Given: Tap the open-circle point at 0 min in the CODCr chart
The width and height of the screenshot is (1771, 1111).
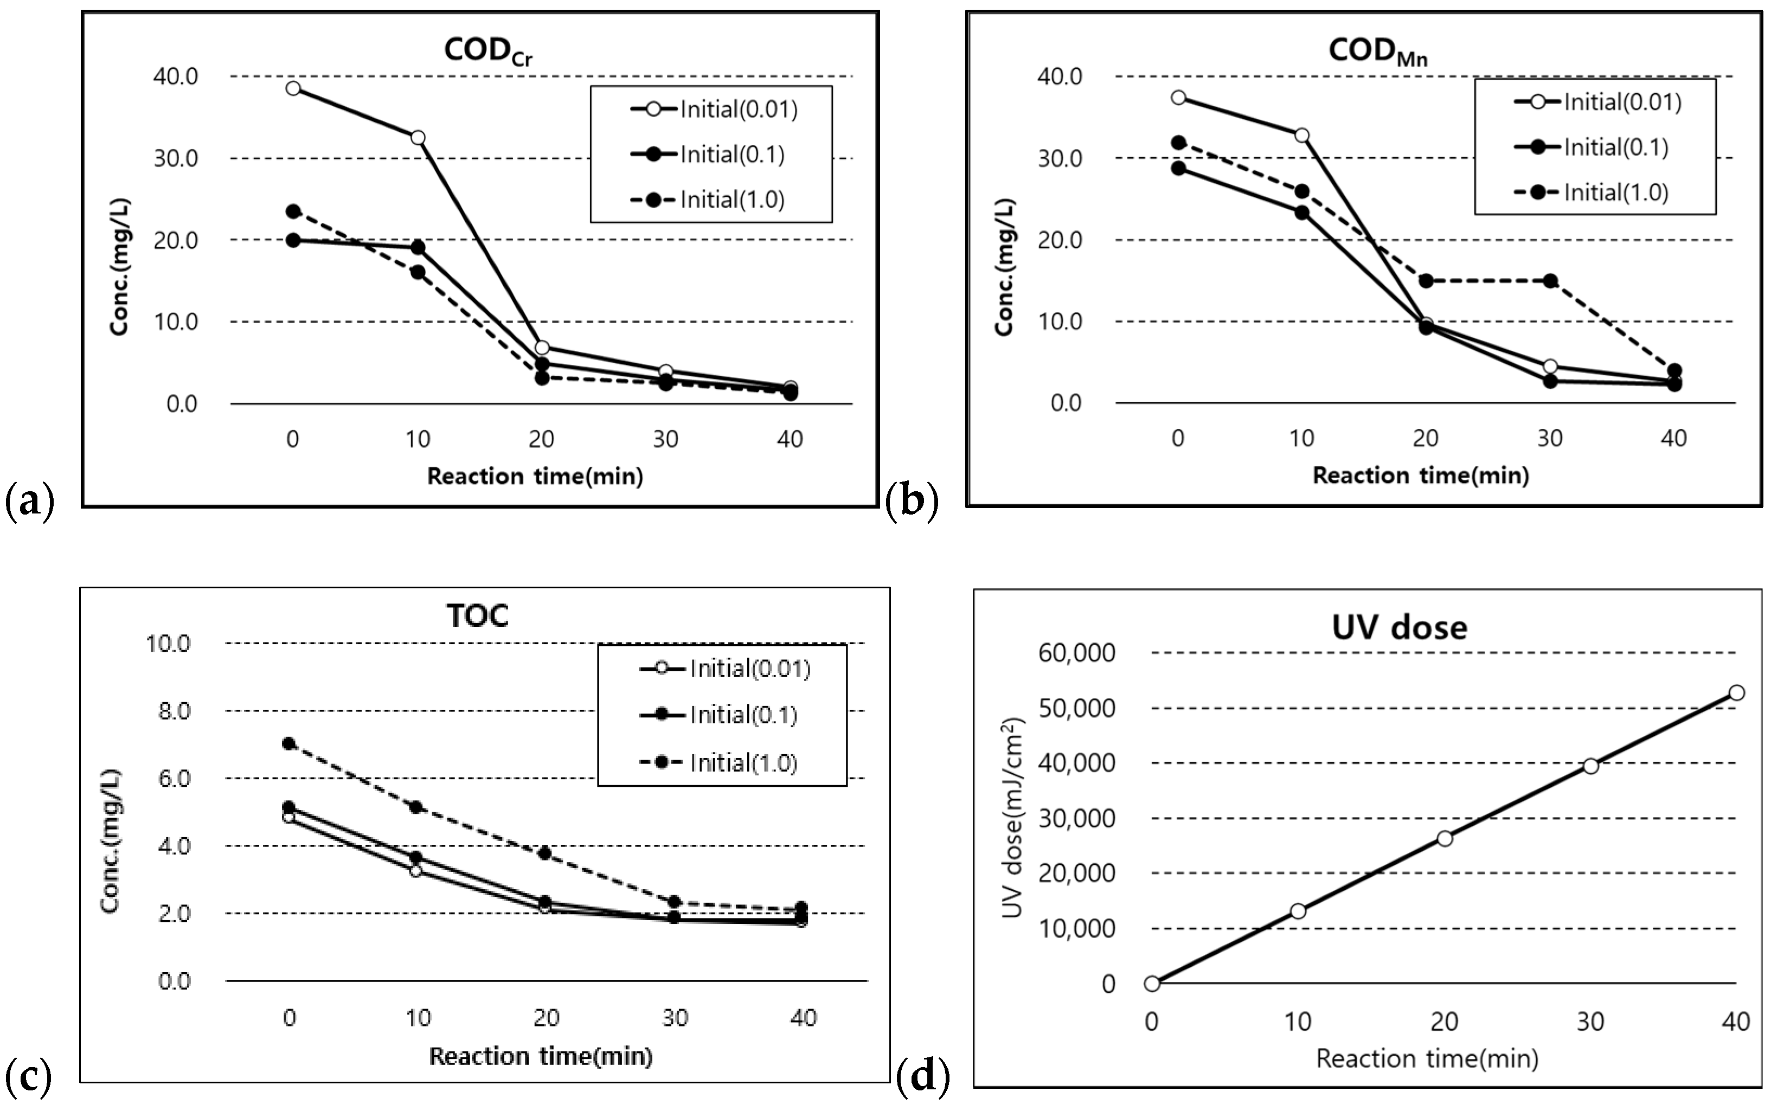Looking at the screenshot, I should tap(293, 88).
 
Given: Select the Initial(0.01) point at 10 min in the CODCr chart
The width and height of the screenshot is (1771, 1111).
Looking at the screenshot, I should tap(418, 137).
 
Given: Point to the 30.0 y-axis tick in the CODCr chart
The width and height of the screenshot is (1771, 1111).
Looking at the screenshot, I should tap(176, 158).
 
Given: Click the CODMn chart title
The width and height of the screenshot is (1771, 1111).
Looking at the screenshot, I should tap(1377, 52).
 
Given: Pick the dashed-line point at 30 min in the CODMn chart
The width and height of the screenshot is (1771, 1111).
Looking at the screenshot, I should tap(1550, 281).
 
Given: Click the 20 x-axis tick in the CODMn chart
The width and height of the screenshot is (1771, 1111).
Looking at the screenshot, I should tap(1426, 439).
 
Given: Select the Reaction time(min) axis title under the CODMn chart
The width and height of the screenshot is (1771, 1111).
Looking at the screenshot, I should tap(1421, 476).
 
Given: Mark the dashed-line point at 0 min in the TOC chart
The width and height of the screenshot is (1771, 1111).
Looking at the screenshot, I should tap(289, 743).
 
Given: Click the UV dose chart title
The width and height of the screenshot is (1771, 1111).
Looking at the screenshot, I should tap(1399, 627).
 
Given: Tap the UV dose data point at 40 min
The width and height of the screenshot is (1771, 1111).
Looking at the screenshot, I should tap(1736, 693).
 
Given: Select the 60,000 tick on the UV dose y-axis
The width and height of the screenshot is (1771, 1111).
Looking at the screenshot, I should tap(1076, 652).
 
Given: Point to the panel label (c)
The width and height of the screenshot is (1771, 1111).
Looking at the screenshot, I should tap(28, 1077).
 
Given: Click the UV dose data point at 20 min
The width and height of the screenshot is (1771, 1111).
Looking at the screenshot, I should tap(1445, 838).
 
